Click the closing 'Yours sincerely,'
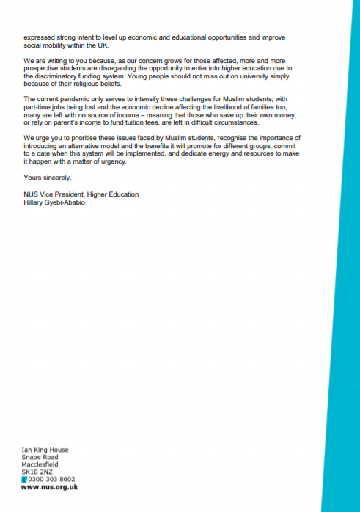(47, 176)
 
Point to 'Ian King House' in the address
(45, 449)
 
